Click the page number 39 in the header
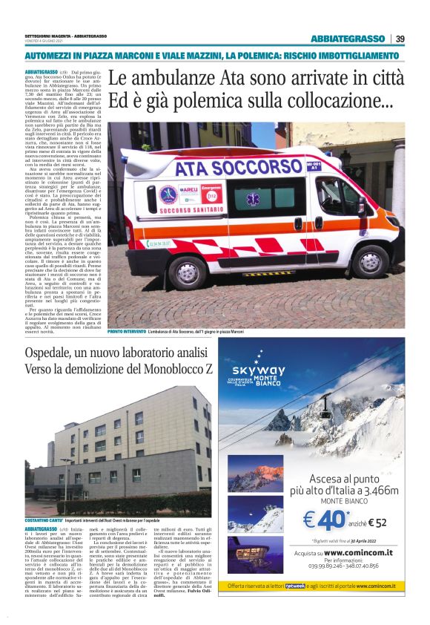pos(400,39)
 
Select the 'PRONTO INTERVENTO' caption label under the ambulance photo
pos(126,331)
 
